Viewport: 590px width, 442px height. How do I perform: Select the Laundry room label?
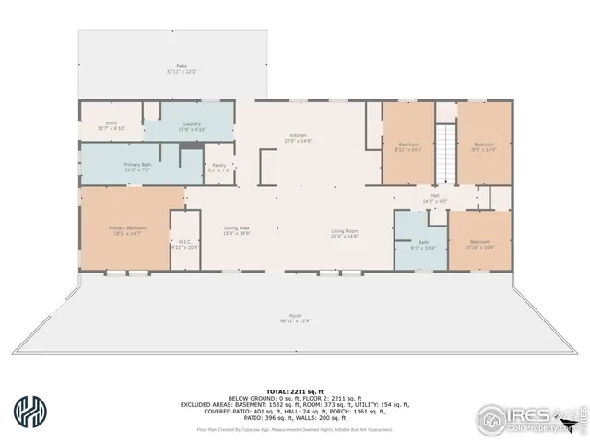coord(192,126)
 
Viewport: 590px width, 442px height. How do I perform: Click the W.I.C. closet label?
coord(184,244)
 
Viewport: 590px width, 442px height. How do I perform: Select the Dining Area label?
coord(238,230)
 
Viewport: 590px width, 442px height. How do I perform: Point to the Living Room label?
coord(345,233)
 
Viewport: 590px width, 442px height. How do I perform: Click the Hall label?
coord(434,198)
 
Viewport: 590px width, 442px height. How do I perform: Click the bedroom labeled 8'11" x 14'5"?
coord(408,146)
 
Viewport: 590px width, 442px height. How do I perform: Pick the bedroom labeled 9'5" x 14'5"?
coord(485,146)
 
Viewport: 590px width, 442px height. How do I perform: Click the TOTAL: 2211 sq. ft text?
coord(295,366)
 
